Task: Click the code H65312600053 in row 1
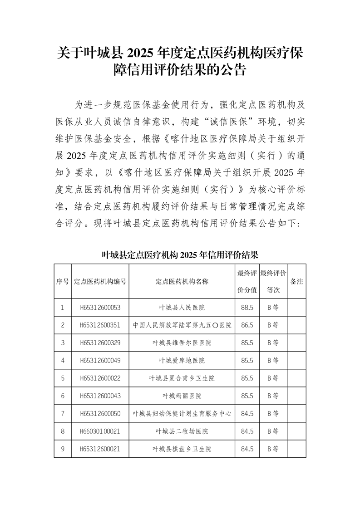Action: [x=100, y=308]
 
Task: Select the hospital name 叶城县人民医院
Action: [x=182, y=308]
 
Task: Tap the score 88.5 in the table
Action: [x=247, y=308]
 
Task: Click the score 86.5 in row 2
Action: [x=247, y=325]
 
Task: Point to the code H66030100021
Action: [x=100, y=431]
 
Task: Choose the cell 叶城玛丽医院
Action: [x=182, y=396]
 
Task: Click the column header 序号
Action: [x=63, y=281]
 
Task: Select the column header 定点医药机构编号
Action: [x=100, y=281]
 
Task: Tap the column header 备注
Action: [x=296, y=281]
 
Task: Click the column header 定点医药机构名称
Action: [x=182, y=281]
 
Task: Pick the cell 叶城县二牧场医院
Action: [x=182, y=431]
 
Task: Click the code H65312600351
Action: [x=100, y=325]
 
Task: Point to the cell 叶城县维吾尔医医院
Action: [x=182, y=343]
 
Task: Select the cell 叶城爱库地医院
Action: [x=182, y=361]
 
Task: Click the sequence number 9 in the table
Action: [x=63, y=449]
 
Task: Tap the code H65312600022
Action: [x=100, y=378]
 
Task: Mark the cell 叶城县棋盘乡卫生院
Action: [x=182, y=449]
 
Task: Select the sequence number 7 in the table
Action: [x=63, y=414]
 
